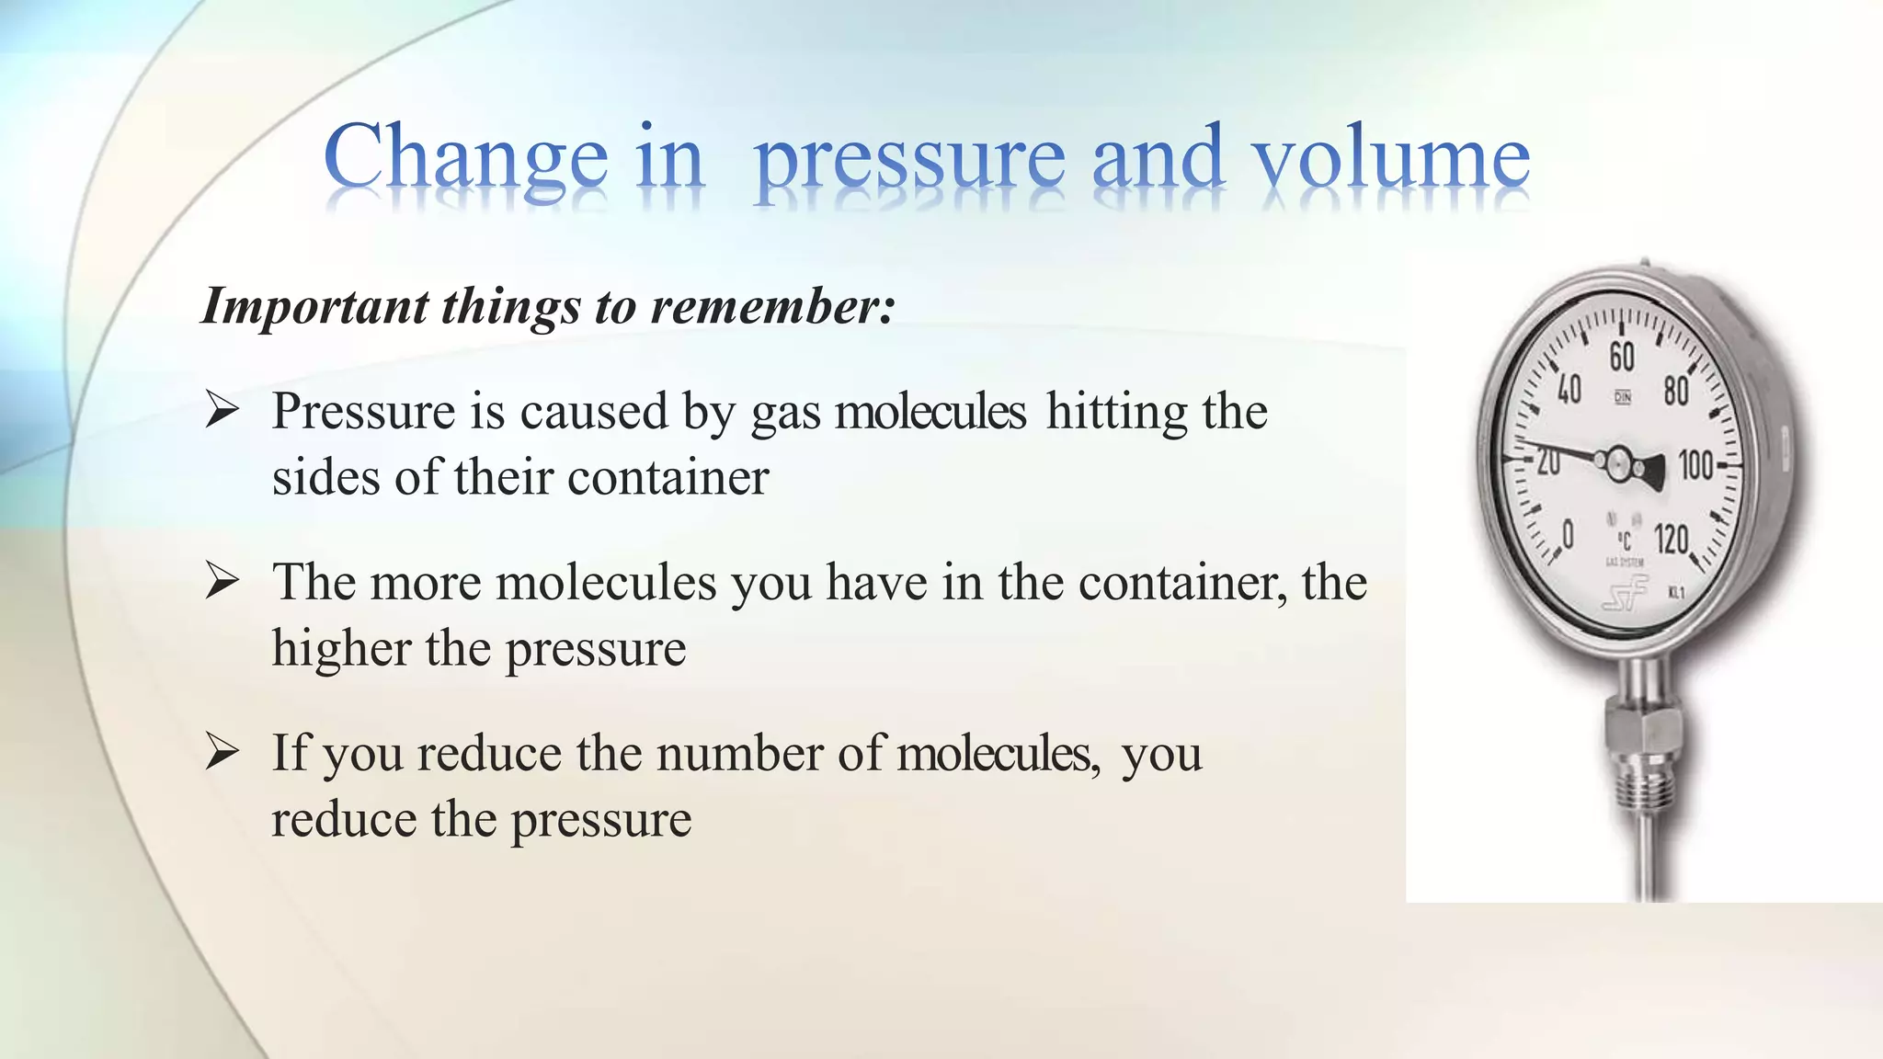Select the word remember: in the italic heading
pyautogui.click(x=772, y=306)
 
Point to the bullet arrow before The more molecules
pyautogui.click(x=222, y=581)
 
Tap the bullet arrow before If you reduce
pyautogui.click(x=222, y=752)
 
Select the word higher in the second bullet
pyautogui.click(x=341, y=649)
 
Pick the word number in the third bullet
pyautogui.click(x=739, y=754)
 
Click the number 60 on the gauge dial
pyautogui.click(x=1622, y=357)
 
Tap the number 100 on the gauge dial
pyautogui.click(x=1695, y=465)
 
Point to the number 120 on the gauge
pyautogui.click(x=1671, y=539)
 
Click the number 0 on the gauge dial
pyautogui.click(x=1568, y=533)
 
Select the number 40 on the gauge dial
pyautogui.click(x=1569, y=390)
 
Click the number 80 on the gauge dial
pyautogui.click(x=1675, y=392)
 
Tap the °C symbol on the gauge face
pyautogui.click(x=1624, y=541)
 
